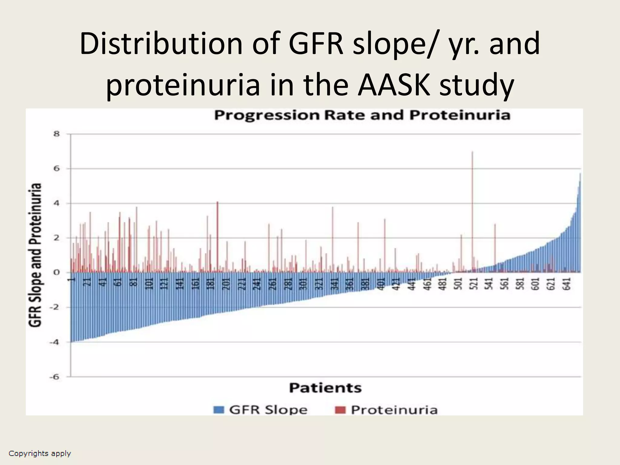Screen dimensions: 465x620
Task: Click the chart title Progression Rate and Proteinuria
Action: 362,115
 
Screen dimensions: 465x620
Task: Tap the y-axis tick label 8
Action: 57,134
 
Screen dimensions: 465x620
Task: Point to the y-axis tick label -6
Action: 55,377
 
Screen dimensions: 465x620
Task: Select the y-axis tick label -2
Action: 55,308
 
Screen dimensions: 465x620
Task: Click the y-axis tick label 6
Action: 57,169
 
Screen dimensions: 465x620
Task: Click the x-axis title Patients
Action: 325,388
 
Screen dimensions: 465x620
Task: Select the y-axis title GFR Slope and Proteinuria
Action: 35,255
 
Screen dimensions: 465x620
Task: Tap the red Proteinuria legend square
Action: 340,410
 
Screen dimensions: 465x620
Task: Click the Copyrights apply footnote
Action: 40,453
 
